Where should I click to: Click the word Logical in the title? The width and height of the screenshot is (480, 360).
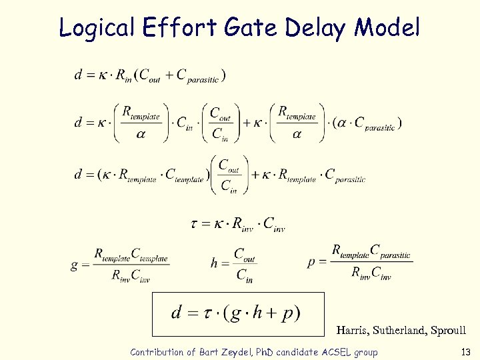click(97, 27)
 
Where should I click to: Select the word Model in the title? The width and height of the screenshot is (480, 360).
click(388, 27)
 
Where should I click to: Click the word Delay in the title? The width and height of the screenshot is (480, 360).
click(317, 27)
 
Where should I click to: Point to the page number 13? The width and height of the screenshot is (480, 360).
click(465, 352)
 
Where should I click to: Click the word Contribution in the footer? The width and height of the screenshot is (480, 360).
click(157, 352)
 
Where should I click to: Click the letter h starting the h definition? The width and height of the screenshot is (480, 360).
click(214, 263)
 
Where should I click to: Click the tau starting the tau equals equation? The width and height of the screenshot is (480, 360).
click(194, 224)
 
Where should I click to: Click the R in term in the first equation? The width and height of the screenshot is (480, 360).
click(121, 77)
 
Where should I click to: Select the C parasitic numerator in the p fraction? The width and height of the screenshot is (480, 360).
click(390, 252)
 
